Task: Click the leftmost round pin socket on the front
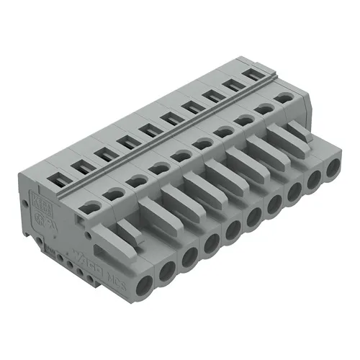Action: [139, 272]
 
